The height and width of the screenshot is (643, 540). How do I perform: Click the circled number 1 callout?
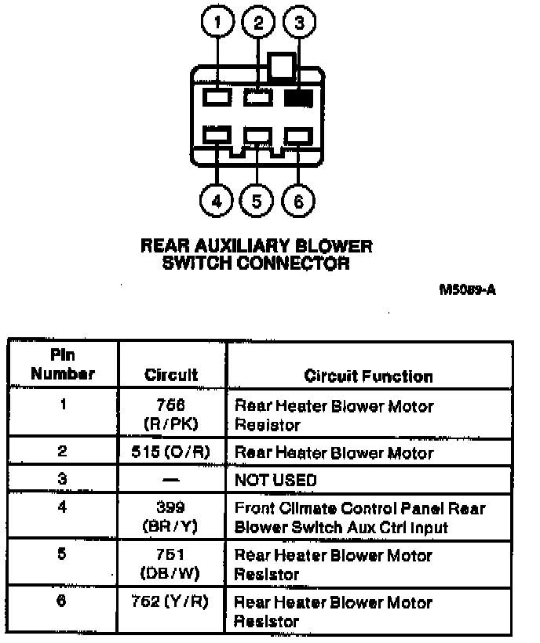point(217,24)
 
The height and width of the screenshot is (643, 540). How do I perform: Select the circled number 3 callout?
point(299,24)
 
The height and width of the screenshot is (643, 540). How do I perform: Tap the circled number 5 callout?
point(257,202)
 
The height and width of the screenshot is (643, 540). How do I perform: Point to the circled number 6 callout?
point(297,202)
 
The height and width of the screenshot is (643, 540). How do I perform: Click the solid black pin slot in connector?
point(298,98)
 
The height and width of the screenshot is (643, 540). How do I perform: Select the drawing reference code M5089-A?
point(468,290)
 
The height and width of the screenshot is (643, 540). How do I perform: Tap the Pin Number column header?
point(63,365)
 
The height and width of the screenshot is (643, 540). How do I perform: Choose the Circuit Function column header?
point(368,376)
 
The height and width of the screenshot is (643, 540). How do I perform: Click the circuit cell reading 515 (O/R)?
point(171,452)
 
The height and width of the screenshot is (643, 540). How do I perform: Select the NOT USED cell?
point(275,479)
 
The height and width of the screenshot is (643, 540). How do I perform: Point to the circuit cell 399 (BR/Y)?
point(171,518)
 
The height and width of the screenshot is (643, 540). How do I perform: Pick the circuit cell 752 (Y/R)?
point(171,602)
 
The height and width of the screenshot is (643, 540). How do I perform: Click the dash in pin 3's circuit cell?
point(171,479)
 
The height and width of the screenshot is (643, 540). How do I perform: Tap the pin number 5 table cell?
point(63,555)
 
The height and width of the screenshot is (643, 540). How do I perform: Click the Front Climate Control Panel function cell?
point(360,518)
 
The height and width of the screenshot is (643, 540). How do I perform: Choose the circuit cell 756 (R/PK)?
point(171,415)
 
